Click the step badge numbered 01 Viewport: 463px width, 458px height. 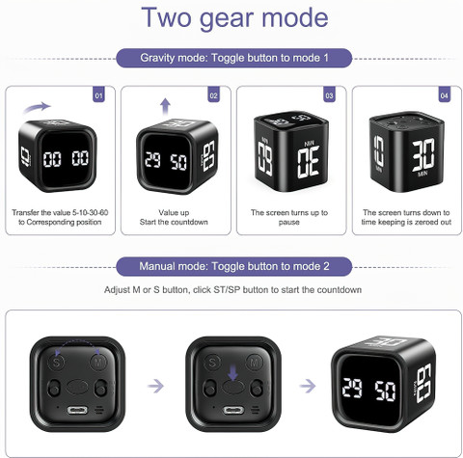click(98, 94)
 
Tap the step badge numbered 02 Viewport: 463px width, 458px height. click(214, 94)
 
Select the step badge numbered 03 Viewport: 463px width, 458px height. click(329, 94)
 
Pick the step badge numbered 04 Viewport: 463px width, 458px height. click(445, 94)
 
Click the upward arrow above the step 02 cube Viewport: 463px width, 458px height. click(165, 107)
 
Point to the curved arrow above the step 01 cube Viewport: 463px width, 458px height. click(36, 108)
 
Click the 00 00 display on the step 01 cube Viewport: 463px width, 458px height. click(66, 158)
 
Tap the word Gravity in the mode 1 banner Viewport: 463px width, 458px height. click(157, 58)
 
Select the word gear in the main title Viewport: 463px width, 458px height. click(228, 18)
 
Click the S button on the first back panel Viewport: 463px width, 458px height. click(56, 363)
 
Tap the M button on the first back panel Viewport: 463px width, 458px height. click(98, 363)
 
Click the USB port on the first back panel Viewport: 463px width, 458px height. click(77, 411)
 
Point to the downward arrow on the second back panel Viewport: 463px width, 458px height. click(233, 374)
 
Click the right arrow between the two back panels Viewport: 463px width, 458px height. click(155, 386)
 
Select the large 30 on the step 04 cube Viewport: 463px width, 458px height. click(423, 155)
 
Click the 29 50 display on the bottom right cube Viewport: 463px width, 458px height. click(368, 390)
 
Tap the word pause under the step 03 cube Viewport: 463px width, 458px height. click(288, 222)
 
